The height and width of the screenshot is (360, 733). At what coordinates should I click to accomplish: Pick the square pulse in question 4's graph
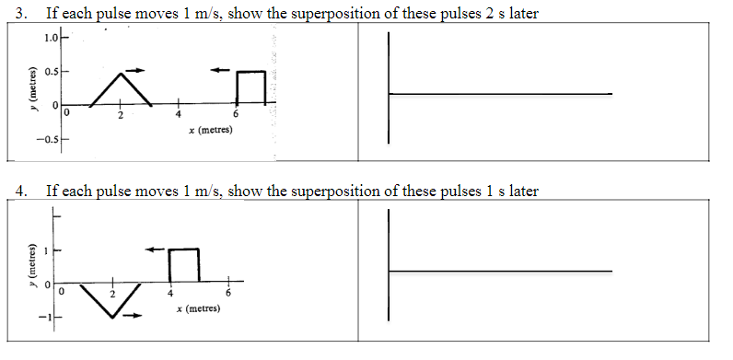tap(184, 264)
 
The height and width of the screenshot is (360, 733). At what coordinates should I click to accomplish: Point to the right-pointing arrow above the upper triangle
tap(134, 70)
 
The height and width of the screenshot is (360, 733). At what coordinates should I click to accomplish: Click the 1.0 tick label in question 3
tap(52, 38)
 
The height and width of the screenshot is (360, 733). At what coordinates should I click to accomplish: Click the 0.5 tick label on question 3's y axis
tap(53, 72)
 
